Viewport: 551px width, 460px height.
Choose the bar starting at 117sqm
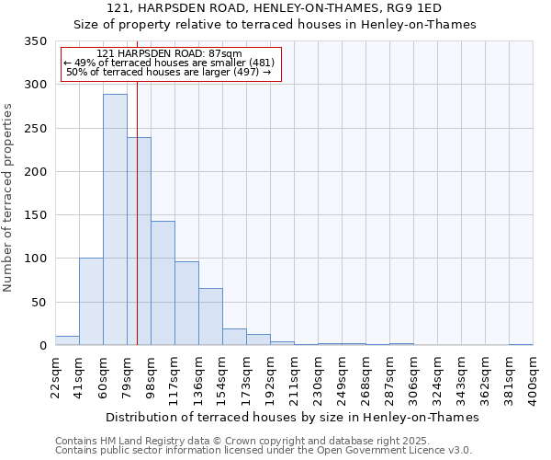click(x=186, y=303)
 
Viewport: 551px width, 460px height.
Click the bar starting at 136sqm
click(x=210, y=316)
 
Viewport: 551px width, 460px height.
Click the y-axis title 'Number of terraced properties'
click(x=9, y=198)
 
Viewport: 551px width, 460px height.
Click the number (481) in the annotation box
click(x=260, y=63)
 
